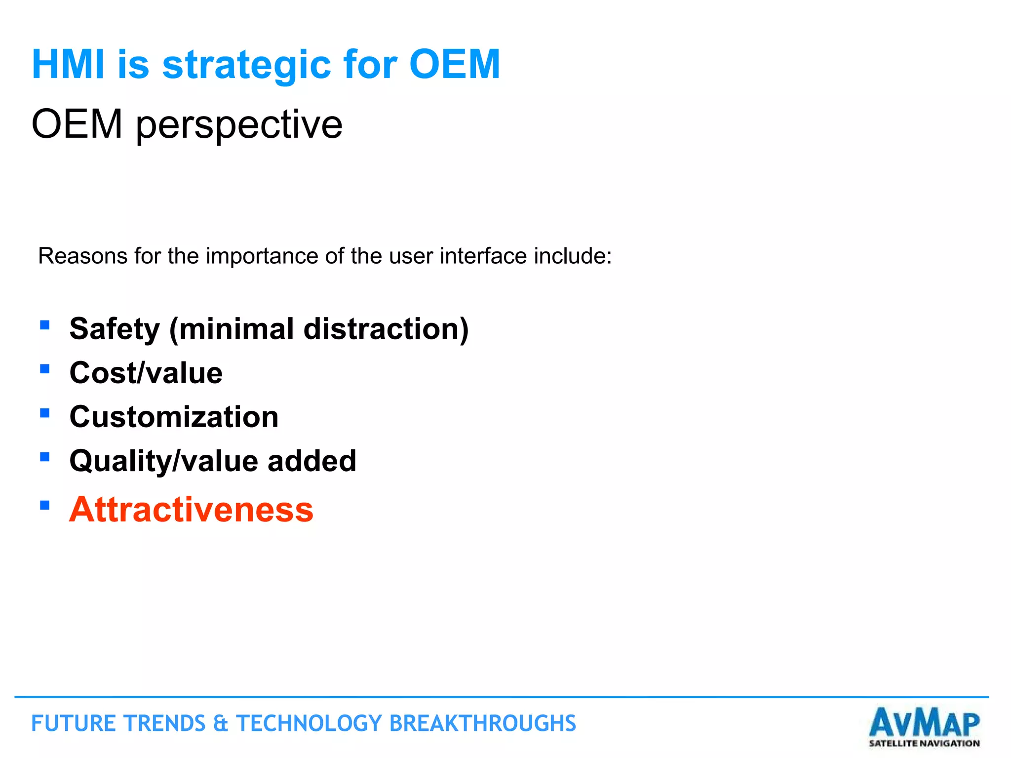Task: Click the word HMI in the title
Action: pos(68,64)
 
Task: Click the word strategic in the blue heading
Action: pos(246,65)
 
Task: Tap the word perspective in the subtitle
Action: pos(239,125)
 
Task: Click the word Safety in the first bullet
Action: pos(115,329)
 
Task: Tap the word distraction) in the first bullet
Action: pos(386,329)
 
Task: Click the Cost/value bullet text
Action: pos(146,373)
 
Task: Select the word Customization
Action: pos(174,417)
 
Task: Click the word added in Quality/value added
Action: pos(311,461)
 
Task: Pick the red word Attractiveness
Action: pos(191,510)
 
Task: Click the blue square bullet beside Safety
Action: pos(45,325)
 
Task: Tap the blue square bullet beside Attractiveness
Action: pos(45,505)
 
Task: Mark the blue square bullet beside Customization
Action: pos(45,413)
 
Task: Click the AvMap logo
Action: pos(924,722)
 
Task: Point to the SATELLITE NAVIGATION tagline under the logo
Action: pos(924,743)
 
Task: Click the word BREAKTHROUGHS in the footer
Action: pos(482,724)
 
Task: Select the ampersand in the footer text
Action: pos(220,724)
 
